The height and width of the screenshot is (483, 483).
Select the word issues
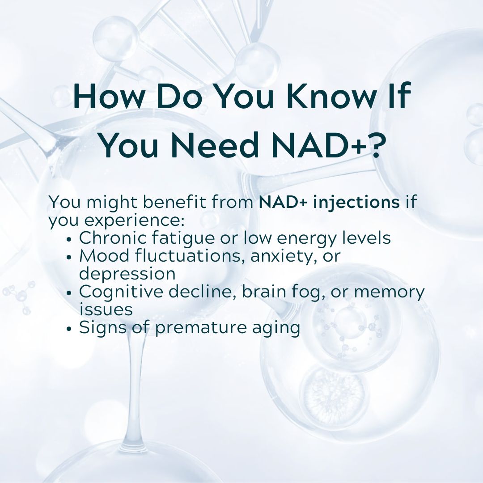coord(106,309)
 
